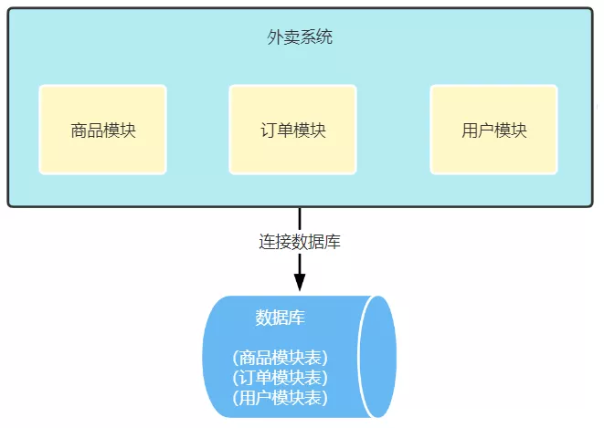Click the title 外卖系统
(x=300, y=38)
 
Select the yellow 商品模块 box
(x=102, y=130)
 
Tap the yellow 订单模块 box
(x=292, y=130)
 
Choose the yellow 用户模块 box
(x=493, y=130)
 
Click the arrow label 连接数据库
(x=300, y=243)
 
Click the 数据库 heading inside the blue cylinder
(x=280, y=318)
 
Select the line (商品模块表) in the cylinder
(x=280, y=358)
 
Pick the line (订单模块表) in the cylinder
(x=280, y=378)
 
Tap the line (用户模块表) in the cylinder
(x=280, y=398)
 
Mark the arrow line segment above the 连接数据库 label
(x=300, y=219)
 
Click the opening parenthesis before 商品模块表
(x=235, y=358)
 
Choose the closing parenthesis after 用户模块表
(x=324, y=398)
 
